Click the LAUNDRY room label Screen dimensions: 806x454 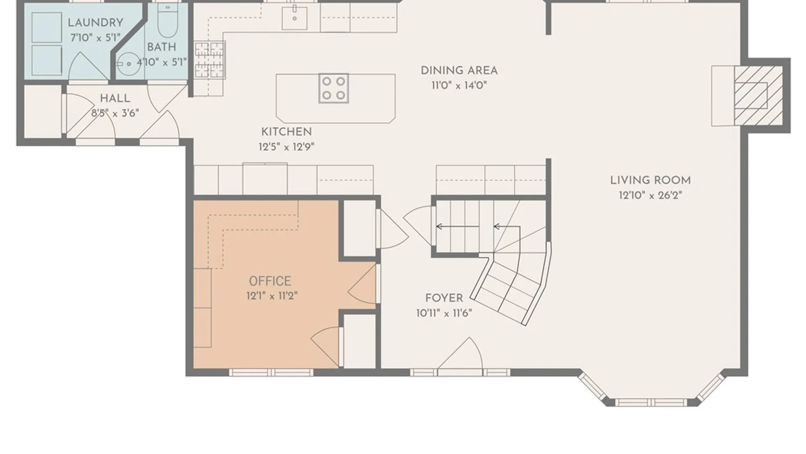point(95,23)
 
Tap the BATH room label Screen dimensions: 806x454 point(162,47)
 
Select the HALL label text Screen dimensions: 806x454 point(115,98)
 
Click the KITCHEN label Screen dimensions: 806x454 point(286,132)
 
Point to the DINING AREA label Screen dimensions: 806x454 point(459,71)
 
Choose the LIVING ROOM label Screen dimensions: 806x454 point(650,180)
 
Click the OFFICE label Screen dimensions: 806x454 point(270,281)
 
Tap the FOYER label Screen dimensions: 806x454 point(444,298)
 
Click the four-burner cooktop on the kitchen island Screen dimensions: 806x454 point(333,88)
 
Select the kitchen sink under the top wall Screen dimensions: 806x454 point(294,18)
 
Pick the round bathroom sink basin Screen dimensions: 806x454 point(128,64)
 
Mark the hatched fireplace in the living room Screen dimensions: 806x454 point(758,95)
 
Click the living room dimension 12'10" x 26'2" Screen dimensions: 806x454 point(650,195)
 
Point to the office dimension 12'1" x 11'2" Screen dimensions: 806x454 point(272,296)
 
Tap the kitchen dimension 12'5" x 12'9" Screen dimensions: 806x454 point(286,147)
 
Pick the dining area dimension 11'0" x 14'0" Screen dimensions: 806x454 point(459,86)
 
